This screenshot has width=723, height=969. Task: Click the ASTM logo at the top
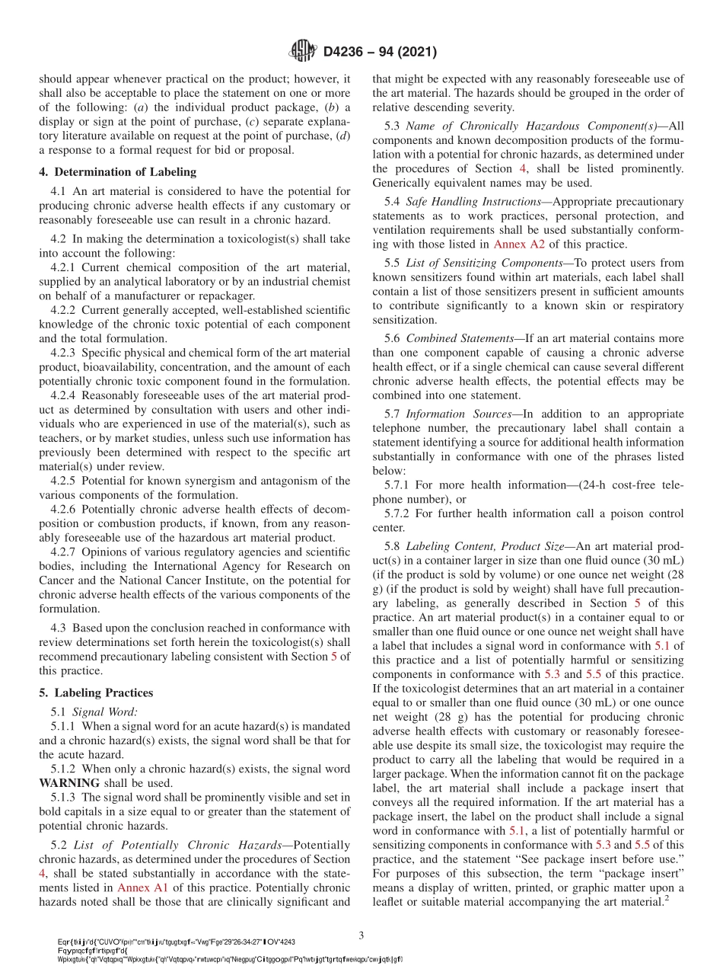point(303,52)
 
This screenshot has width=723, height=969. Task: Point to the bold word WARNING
point(69,782)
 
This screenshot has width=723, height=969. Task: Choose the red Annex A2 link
point(515,245)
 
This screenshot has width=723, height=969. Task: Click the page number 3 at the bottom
point(361,934)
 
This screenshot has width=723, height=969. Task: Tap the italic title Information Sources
point(459,414)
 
